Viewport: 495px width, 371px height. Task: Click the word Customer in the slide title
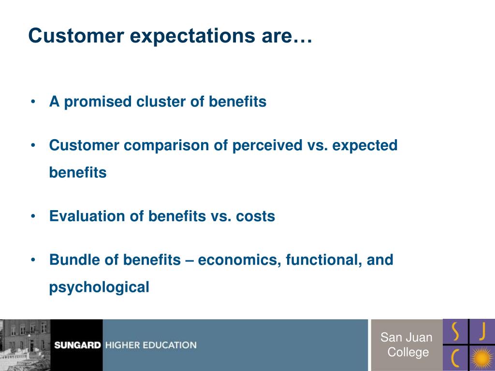point(76,35)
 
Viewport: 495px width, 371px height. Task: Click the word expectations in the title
point(192,36)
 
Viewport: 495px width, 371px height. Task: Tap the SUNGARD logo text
point(77,345)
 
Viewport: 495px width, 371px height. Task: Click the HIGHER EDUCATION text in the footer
point(151,345)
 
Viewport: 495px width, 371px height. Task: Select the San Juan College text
point(406,344)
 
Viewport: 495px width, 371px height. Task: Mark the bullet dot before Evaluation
point(33,216)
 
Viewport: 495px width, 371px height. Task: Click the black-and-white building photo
point(25,345)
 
